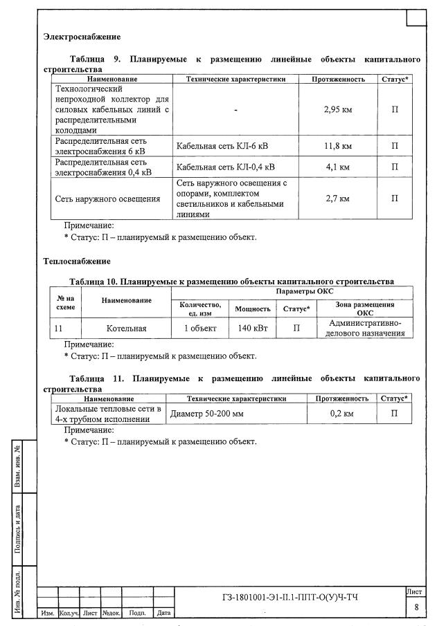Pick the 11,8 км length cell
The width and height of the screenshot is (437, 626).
coord(337,146)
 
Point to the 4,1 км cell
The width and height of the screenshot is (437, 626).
coord(337,167)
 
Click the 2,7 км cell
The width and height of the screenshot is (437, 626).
coord(337,199)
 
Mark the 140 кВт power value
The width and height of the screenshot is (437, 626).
coord(253,329)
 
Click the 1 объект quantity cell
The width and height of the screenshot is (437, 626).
coord(200,329)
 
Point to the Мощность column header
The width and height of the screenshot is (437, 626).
coord(253,309)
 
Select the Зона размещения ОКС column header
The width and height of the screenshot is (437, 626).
coord(360,309)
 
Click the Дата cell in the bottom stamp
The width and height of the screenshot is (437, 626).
coord(164,613)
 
